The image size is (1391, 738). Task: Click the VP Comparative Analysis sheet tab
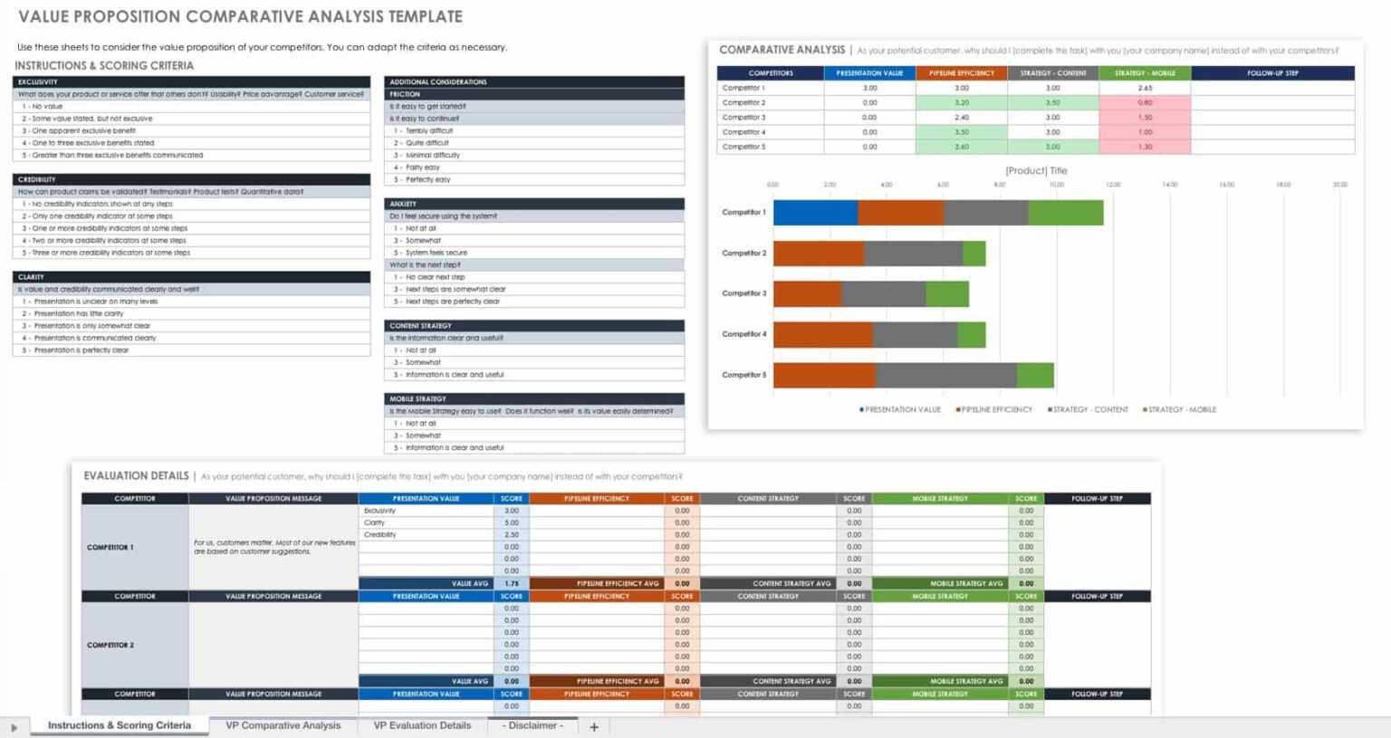point(283,725)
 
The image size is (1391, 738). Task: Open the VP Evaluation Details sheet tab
point(422,725)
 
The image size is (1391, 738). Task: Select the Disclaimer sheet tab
point(532,725)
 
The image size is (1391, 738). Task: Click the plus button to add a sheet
point(594,726)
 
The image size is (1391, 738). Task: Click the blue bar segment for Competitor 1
point(815,213)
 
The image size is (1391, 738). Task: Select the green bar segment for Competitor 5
point(1035,375)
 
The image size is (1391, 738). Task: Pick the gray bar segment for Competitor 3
point(884,293)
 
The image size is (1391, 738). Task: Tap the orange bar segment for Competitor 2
point(819,254)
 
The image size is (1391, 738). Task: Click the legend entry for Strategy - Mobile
point(1181,409)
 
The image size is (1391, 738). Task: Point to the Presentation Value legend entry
point(901,409)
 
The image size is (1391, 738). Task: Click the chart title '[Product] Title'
point(1036,170)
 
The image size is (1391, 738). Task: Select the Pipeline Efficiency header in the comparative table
point(962,73)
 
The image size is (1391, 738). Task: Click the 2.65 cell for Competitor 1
point(1145,88)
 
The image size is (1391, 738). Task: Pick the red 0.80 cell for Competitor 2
point(1145,102)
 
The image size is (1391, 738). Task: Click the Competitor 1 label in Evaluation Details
point(110,547)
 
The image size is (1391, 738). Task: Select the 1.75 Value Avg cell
point(512,584)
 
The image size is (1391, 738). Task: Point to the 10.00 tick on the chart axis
point(1056,185)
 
